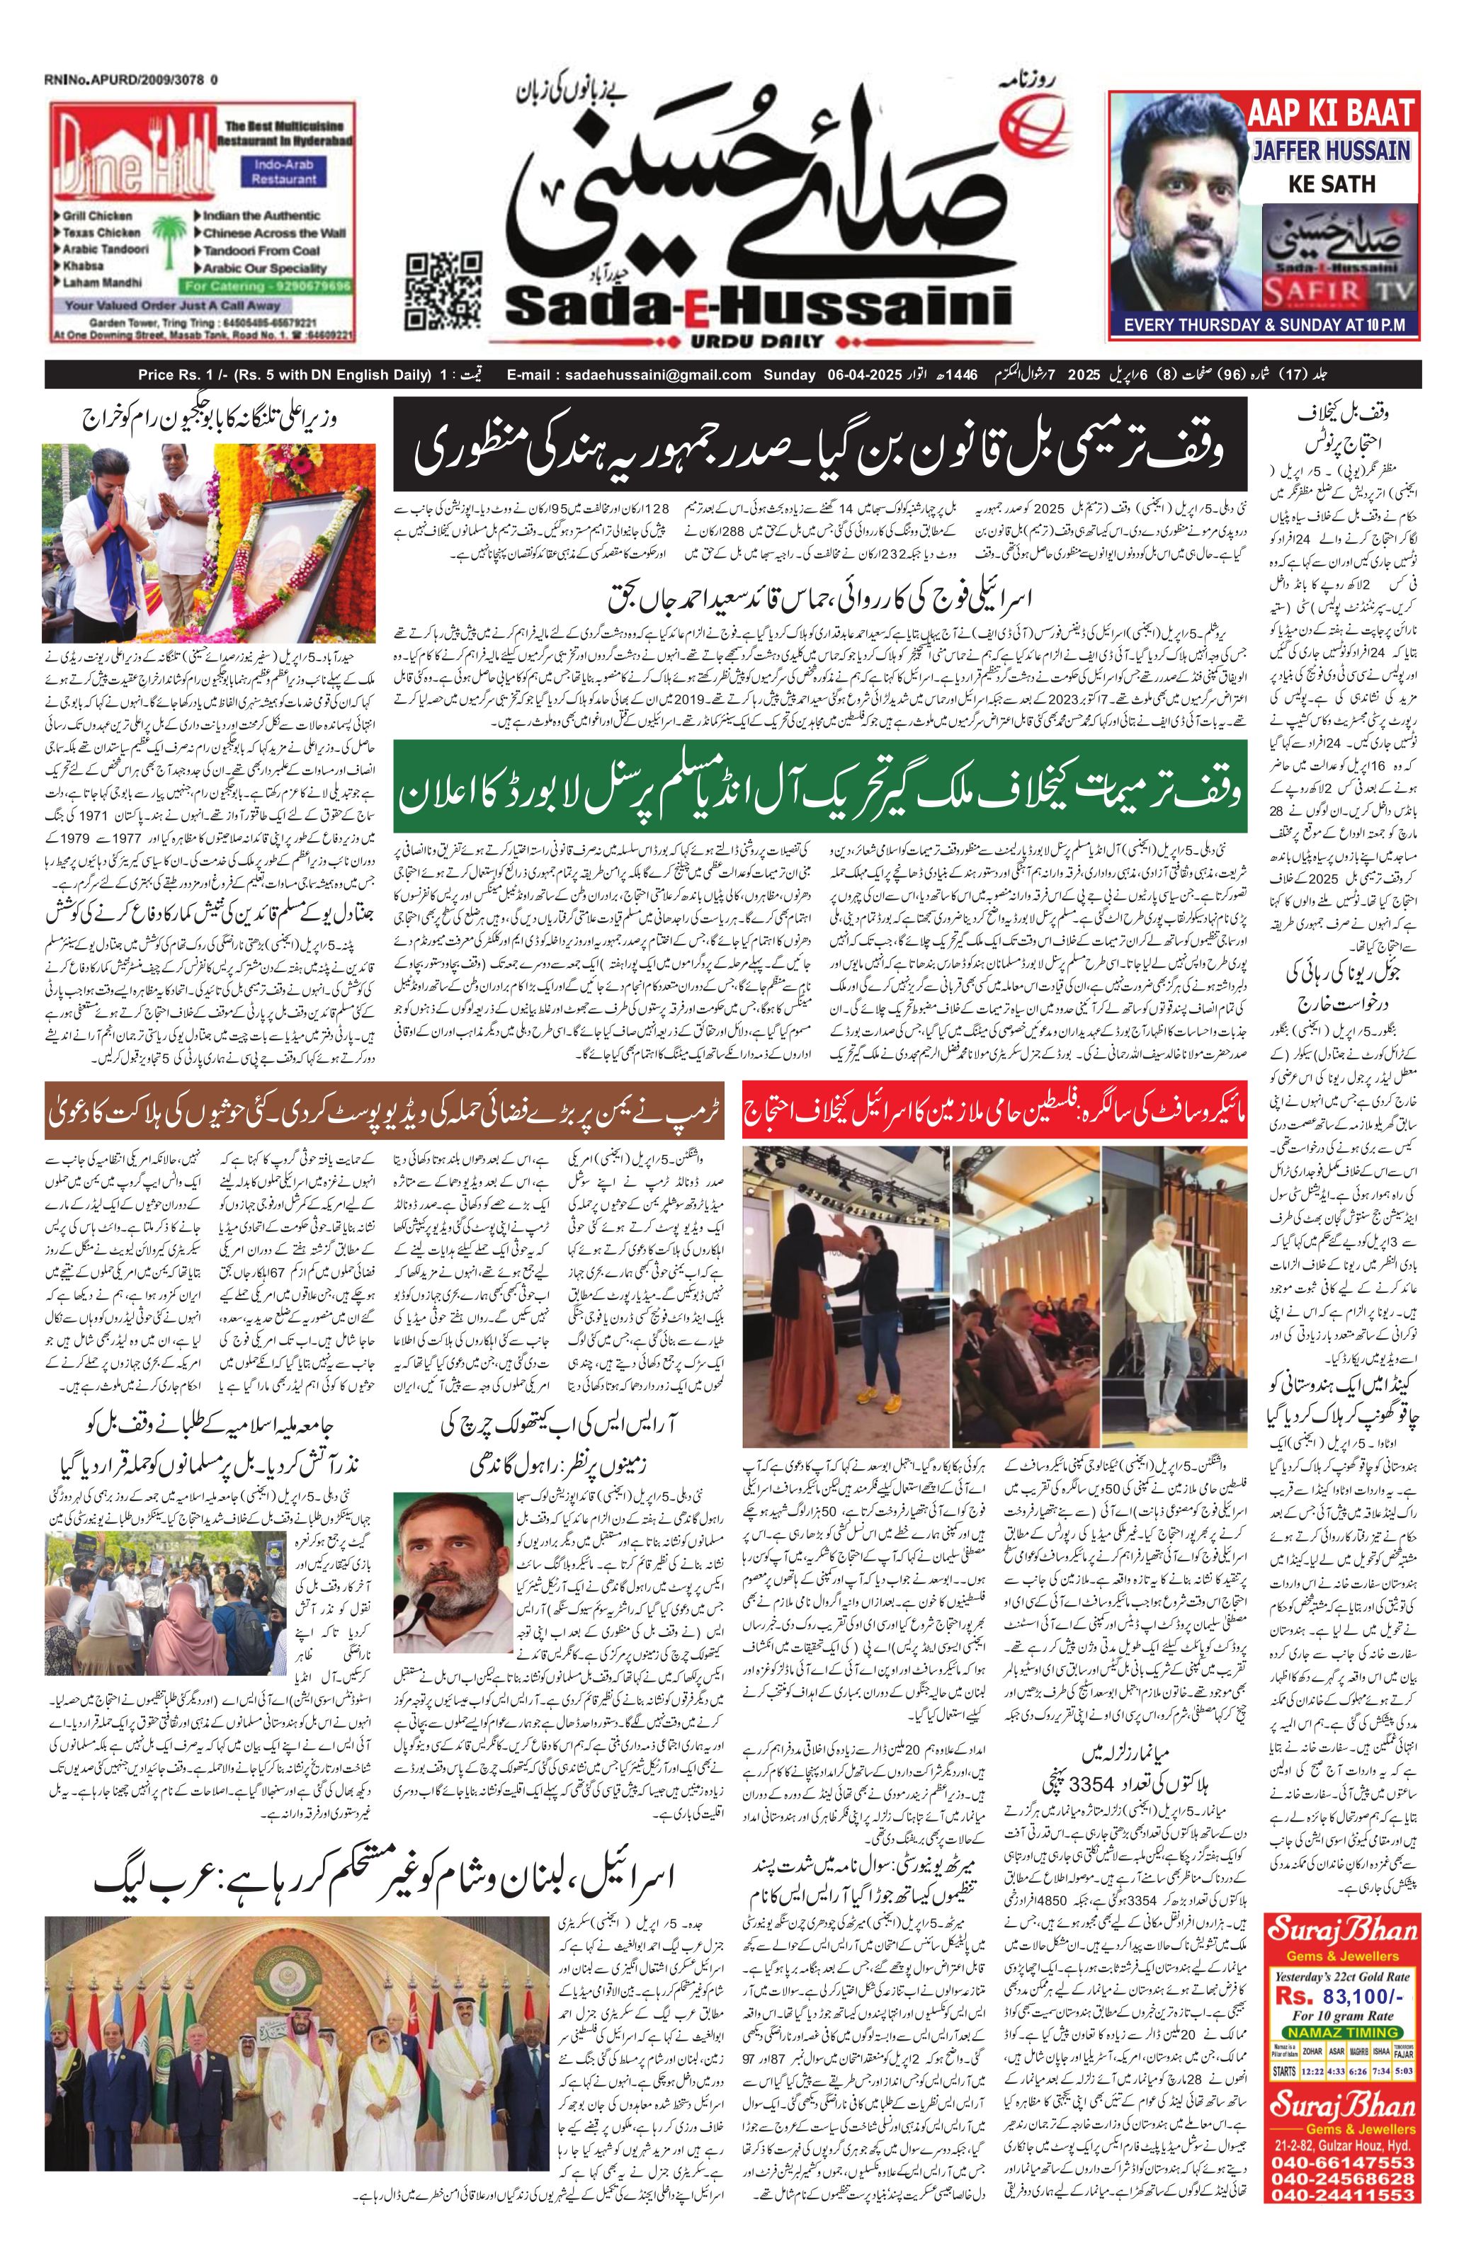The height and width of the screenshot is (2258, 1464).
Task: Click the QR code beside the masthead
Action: tap(442, 290)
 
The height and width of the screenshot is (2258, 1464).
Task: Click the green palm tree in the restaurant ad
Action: tap(168, 236)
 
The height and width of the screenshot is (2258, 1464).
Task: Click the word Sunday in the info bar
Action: tap(790, 375)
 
